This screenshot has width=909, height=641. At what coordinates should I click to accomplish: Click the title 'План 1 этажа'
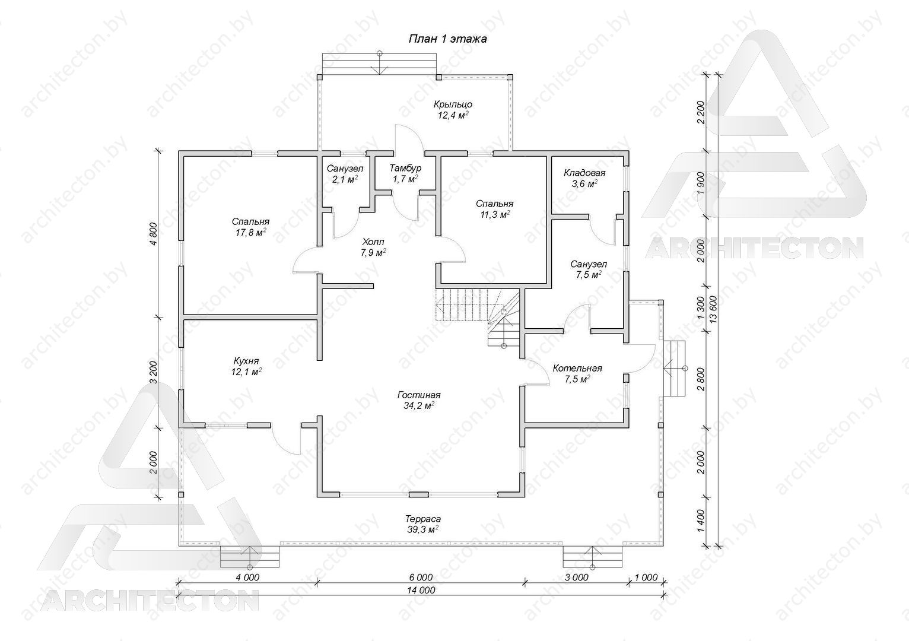(447, 39)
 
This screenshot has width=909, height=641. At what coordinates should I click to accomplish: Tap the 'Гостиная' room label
(419, 395)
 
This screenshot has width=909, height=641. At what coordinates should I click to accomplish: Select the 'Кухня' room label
(246, 361)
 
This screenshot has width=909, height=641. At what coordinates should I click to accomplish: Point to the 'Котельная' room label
(577, 369)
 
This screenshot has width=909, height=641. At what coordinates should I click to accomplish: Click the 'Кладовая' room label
(584, 173)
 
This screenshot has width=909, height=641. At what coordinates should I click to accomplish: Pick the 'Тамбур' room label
(405, 168)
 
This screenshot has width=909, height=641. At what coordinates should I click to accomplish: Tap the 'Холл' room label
(373, 242)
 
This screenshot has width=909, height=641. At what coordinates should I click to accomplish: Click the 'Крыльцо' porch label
(453, 104)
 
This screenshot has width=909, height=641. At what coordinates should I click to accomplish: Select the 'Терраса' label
(423, 519)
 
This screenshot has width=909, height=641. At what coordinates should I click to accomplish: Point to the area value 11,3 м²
(495, 214)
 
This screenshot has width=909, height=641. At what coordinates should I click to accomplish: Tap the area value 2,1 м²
(345, 179)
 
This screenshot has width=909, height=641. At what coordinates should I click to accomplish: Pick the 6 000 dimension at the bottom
(421, 577)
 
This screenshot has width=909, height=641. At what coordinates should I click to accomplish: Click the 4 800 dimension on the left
(153, 234)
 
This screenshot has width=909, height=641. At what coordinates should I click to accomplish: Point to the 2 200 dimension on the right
(700, 113)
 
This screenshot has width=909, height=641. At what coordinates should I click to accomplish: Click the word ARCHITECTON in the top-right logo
(754, 247)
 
